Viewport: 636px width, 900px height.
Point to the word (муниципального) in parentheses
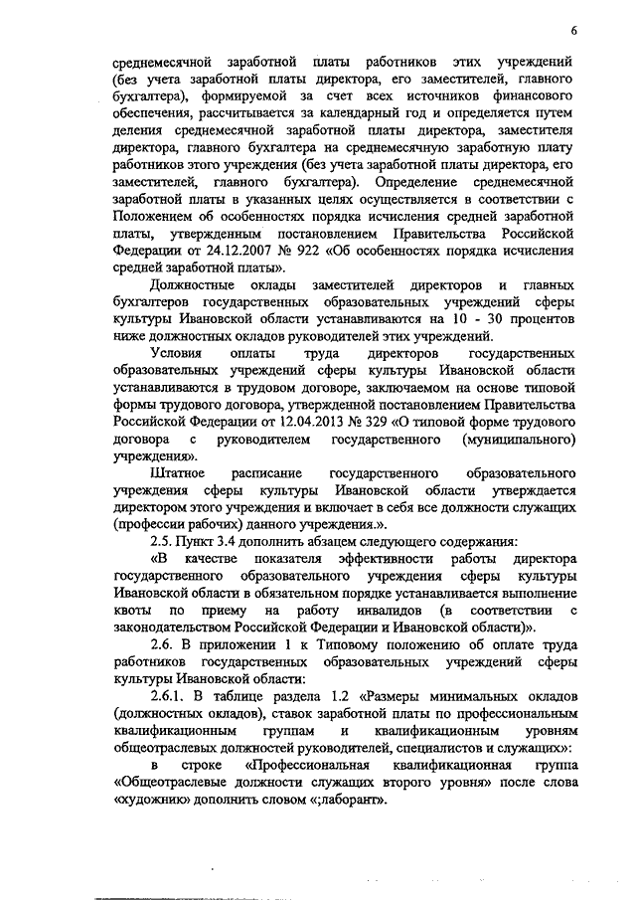coord(521,438)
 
